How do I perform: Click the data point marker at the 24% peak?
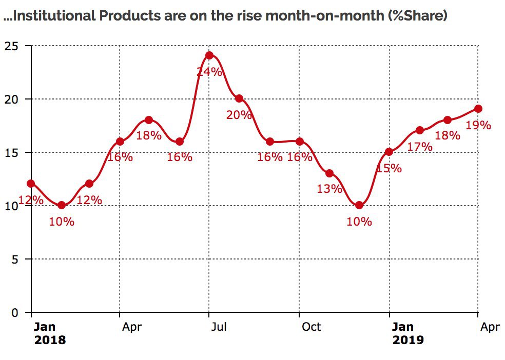[x=209, y=55]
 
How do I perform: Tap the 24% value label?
[x=209, y=72]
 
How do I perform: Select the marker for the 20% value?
[x=239, y=98]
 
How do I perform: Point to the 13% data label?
[x=329, y=189]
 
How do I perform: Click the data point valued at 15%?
[x=389, y=152]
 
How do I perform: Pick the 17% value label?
[x=420, y=147]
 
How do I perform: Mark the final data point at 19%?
[x=478, y=109]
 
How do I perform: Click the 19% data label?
[x=478, y=125]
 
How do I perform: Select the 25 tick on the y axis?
[x=12, y=46]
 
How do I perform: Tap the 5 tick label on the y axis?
[x=15, y=259]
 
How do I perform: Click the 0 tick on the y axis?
[x=15, y=313]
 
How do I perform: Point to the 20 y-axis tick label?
[x=12, y=99]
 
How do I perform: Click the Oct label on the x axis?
[x=310, y=327]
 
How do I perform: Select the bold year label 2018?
[x=50, y=339]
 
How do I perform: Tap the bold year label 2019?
[x=408, y=339]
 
